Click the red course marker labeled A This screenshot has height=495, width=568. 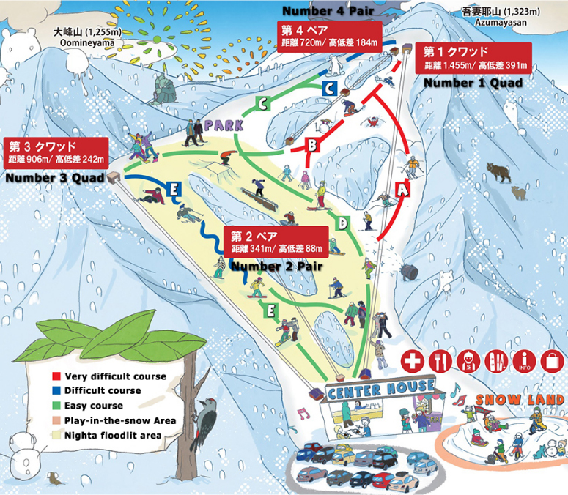point(401,189)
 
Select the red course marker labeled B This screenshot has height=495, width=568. point(311,145)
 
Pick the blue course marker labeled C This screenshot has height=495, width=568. point(329,89)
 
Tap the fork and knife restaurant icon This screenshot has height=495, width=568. point(440,361)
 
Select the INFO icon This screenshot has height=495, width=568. point(523,361)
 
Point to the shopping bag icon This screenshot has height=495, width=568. point(550,361)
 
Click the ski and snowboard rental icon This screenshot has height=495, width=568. point(495,361)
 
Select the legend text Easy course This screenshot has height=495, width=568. point(94,406)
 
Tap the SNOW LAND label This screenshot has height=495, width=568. point(518,400)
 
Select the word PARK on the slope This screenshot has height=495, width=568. point(224,125)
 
